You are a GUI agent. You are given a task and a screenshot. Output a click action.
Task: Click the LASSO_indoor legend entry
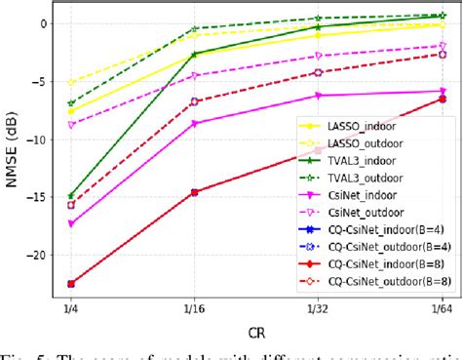click(389, 126)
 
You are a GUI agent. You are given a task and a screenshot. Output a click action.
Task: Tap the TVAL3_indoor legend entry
click(389, 160)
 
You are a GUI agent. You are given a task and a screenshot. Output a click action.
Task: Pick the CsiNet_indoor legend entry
click(390, 194)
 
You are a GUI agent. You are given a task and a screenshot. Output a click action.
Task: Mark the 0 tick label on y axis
click(42, 23)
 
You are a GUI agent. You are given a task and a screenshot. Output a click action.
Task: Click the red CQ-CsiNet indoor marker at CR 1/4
click(71, 284)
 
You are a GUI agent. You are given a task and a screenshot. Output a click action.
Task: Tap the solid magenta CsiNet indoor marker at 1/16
click(194, 124)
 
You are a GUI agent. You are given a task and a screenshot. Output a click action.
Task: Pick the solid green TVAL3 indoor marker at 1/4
click(71, 196)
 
